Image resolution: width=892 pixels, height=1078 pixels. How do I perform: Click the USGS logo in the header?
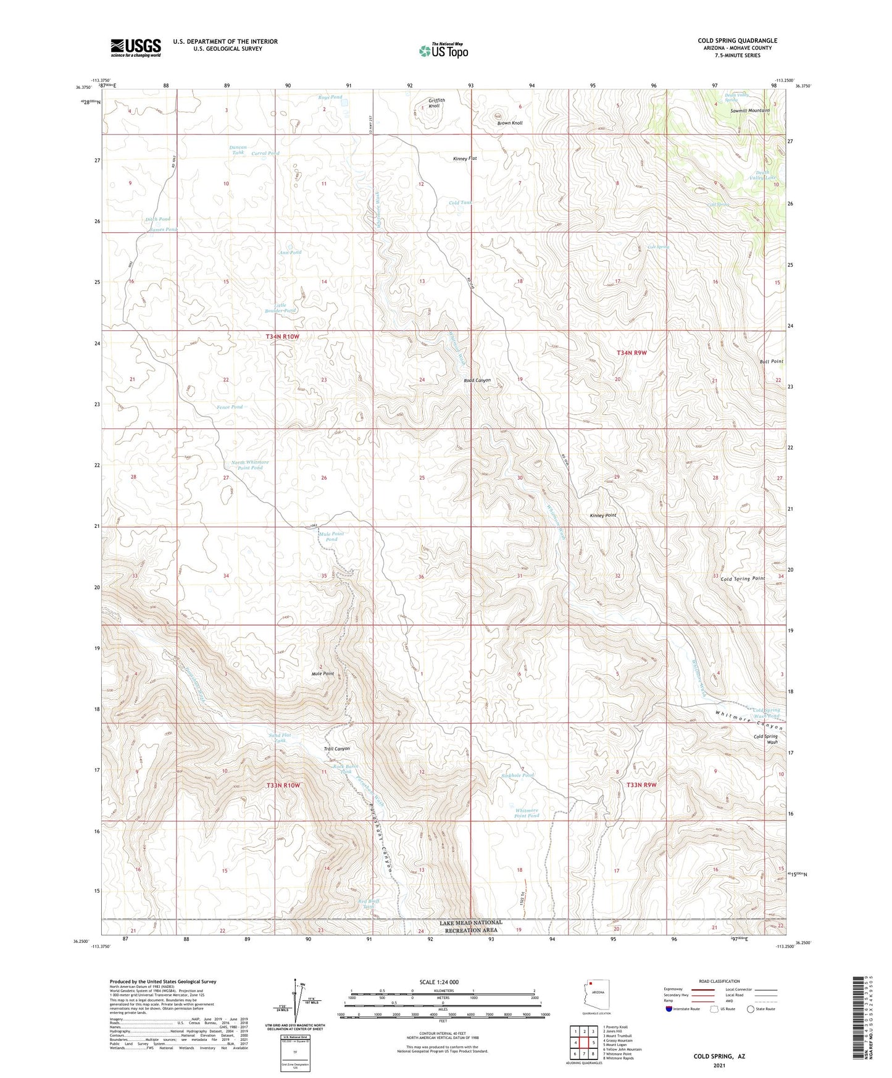[136, 48]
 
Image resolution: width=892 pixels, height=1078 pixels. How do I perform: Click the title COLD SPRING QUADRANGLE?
[737, 41]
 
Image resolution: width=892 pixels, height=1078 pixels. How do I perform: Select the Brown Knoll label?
[510, 123]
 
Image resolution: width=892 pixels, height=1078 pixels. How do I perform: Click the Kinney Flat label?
[465, 159]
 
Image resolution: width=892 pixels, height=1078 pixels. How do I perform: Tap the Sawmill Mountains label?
[749, 111]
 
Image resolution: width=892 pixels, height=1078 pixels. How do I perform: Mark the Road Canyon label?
[477, 380]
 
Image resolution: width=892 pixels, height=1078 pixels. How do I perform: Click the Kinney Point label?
[602, 515]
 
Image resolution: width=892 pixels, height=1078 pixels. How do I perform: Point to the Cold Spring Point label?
[743, 579]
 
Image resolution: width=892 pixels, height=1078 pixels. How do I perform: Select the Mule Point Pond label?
[331, 537]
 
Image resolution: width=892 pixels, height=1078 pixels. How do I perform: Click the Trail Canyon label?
[337, 749]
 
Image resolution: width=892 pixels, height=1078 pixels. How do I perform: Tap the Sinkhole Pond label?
[517, 775]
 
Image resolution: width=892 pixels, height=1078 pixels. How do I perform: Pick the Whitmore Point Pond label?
[527, 813]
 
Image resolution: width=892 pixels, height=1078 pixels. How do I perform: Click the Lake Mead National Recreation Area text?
[471, 926]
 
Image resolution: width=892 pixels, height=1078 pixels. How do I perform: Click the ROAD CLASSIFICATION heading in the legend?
[719, 981]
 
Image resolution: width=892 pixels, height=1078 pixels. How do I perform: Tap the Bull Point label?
[772, 362]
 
